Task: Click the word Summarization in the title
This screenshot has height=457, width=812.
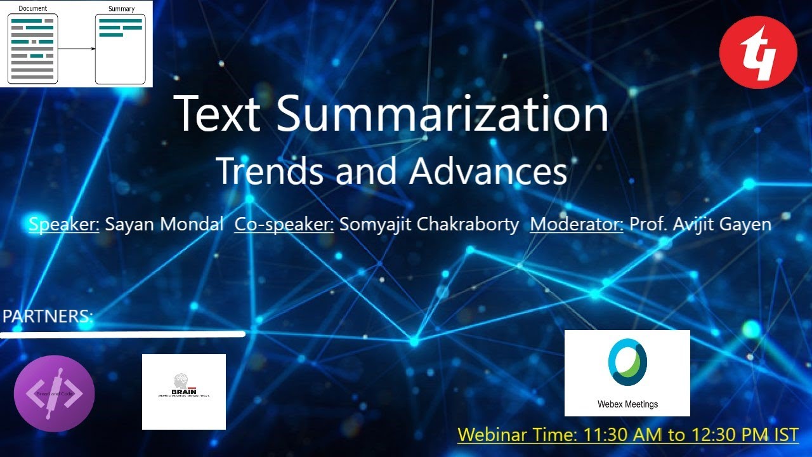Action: tap(442, 114)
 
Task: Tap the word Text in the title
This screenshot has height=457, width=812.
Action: tap(216, 114)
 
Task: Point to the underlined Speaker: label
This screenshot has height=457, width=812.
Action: tap(64, 224)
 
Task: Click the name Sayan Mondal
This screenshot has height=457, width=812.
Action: tap(164, 224)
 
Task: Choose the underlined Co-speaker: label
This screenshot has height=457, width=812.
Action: tap(284, 224)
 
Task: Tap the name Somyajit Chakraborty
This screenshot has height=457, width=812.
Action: tap(429, 224)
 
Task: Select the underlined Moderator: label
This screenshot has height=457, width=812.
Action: tap(576, 224)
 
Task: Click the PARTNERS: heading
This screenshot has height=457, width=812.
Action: tap(48, 316)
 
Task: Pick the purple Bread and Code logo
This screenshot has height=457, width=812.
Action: tap(54, 394)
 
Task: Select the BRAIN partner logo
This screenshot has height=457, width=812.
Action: tap(184, 387)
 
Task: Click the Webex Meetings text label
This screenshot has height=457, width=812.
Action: tap(627, 404)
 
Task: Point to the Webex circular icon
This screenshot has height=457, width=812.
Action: tap(627, 362)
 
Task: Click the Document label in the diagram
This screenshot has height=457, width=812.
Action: tap(33, 8)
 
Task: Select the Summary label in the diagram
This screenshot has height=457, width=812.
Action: tap(121, 8)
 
